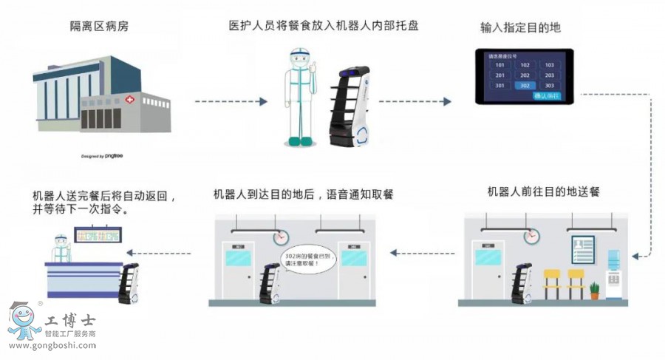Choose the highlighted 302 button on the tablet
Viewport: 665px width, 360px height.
(x=524, y=86)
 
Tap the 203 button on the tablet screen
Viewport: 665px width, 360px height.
(x=548, y=75)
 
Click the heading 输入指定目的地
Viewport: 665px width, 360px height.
(x=520, y=27)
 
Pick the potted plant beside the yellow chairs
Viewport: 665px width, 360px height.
(x=594, y=290)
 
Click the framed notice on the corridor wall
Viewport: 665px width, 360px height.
(x=581, y=248)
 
